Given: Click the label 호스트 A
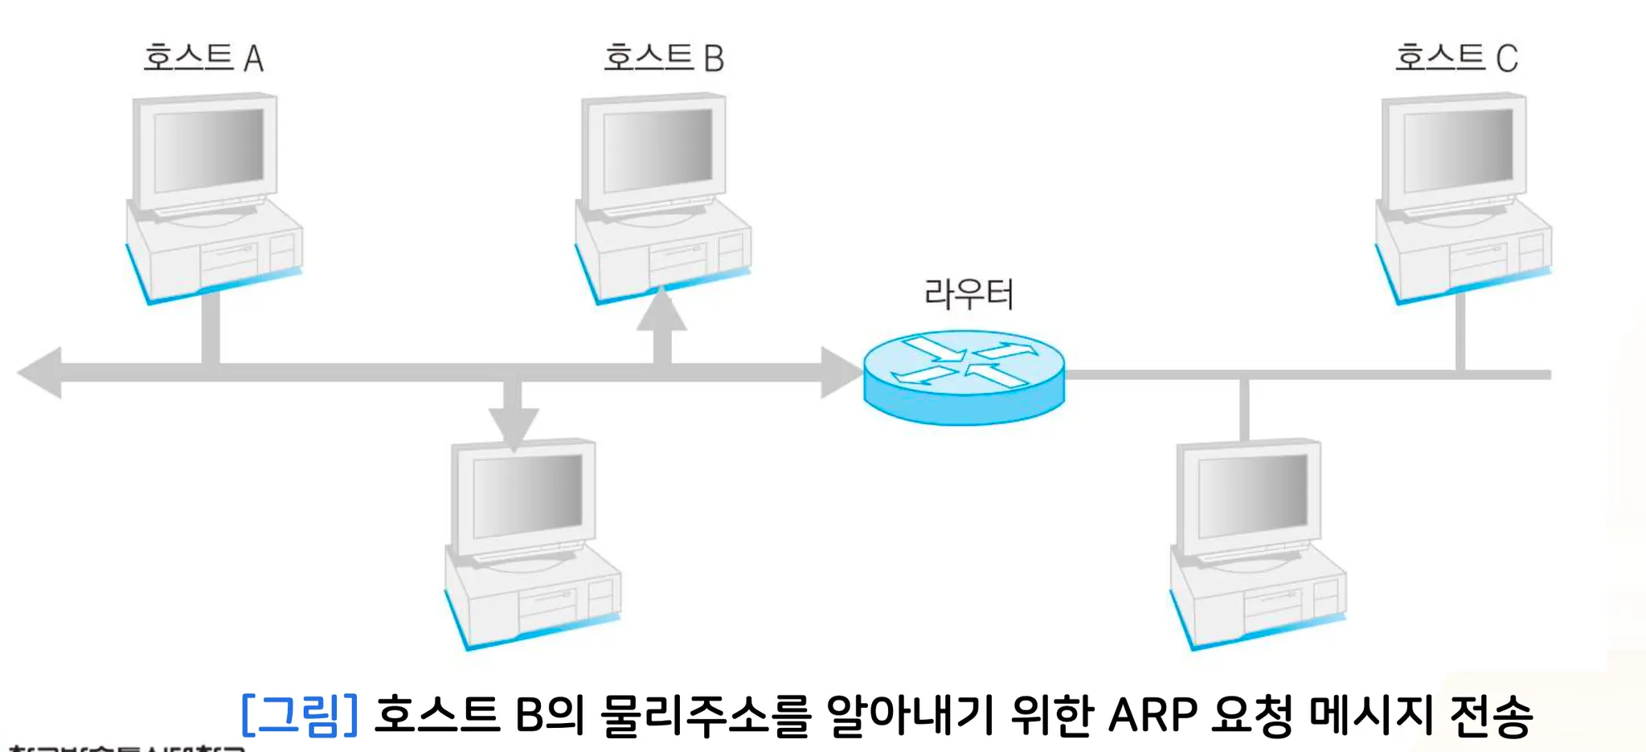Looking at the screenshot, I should [203, 58].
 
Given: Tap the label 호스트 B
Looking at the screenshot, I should [664, 58].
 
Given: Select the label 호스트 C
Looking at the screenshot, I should [1456, 58].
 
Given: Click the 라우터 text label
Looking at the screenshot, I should [968, 294].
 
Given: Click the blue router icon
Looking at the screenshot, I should [964, 378].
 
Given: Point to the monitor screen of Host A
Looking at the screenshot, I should [208, 150].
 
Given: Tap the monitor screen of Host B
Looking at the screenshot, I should [657, 150].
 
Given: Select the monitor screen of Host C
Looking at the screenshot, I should [1458, 150].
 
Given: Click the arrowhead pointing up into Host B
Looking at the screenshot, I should [661, 312].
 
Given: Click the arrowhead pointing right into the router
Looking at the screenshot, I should [841, 373].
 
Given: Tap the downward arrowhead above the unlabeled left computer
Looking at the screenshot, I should [514, 426].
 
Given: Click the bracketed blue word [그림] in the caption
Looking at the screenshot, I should [299, 714].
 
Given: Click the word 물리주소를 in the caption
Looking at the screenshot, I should [706, 714].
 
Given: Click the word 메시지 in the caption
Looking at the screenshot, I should [1371, 714].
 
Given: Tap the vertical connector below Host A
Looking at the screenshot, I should [211, 328].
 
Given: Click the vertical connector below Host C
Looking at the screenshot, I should [1460, 331].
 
